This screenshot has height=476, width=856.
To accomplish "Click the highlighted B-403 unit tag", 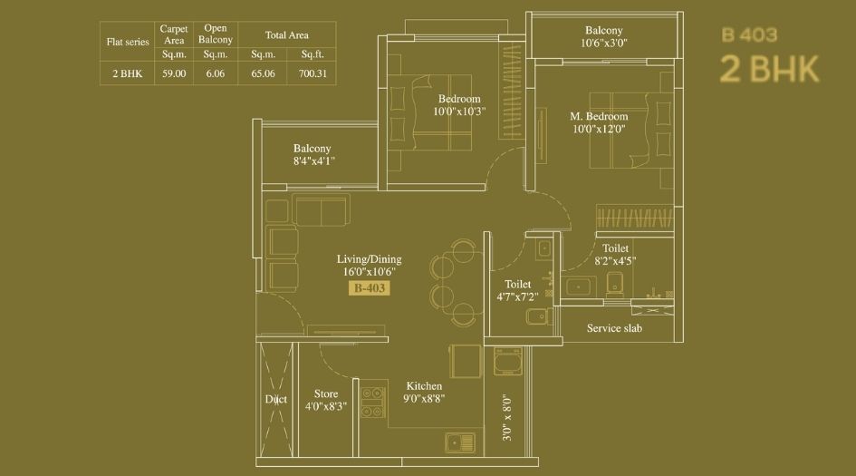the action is coord(370,288).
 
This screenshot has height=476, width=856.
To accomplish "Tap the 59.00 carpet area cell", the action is coord(174,73).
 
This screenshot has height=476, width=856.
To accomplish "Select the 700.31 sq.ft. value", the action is coord(313,73).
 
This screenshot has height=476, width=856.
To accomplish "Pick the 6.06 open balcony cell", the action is coord(215,73).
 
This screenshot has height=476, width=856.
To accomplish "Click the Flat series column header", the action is coord(128,42).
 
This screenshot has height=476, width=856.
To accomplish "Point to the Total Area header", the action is coord(286,35).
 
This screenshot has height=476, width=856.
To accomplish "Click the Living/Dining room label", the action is coord(369,259).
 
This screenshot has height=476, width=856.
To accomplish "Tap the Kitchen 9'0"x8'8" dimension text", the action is coord(424,398).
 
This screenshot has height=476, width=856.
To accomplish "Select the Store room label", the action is coord(326,393).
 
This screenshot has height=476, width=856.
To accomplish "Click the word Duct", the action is coord(275,399).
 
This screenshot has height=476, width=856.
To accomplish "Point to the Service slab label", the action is coord(614,328).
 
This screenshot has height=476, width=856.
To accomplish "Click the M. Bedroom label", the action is coord(599,116).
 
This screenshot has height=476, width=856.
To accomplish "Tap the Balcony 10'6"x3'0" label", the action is coord(604,36).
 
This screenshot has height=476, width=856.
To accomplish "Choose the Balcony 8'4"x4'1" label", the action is coord(313,155).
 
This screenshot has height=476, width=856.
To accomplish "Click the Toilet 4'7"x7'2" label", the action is coord(517,290).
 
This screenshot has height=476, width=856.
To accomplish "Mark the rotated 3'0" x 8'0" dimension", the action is coord(507,418).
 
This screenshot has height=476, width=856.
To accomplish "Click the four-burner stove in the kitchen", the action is coord(373,403).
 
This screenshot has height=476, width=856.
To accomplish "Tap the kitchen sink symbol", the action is coord(459,442).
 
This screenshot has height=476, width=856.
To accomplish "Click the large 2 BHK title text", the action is coord(769,70).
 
